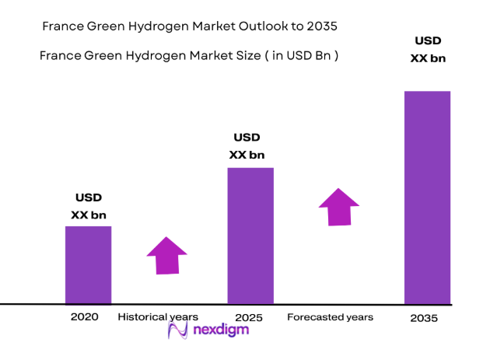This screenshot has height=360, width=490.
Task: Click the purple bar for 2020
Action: pos(88,264)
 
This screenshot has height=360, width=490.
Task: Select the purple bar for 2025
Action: pos(250,235)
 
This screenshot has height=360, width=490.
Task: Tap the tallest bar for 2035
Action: pos(427,197)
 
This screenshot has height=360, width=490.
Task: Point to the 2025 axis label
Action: pos(249,318)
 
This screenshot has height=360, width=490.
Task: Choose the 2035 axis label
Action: pos(424,318)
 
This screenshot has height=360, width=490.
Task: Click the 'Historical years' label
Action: pos(158,317)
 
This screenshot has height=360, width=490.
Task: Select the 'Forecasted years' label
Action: pos(330,317)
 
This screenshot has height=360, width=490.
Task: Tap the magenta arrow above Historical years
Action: pos(166,255)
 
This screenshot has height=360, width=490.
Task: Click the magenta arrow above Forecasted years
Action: pos(338,207)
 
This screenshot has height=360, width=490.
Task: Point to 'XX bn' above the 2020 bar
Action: pos(89,215)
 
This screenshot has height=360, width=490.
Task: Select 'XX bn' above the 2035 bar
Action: pos(428,58)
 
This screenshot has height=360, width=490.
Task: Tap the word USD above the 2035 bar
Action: pos(428,40)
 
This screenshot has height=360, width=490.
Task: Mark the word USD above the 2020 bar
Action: pos(89,197)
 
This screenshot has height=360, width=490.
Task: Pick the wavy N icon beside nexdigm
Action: pos(179,331)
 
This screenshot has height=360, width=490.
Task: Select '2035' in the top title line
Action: pos(322,26)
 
